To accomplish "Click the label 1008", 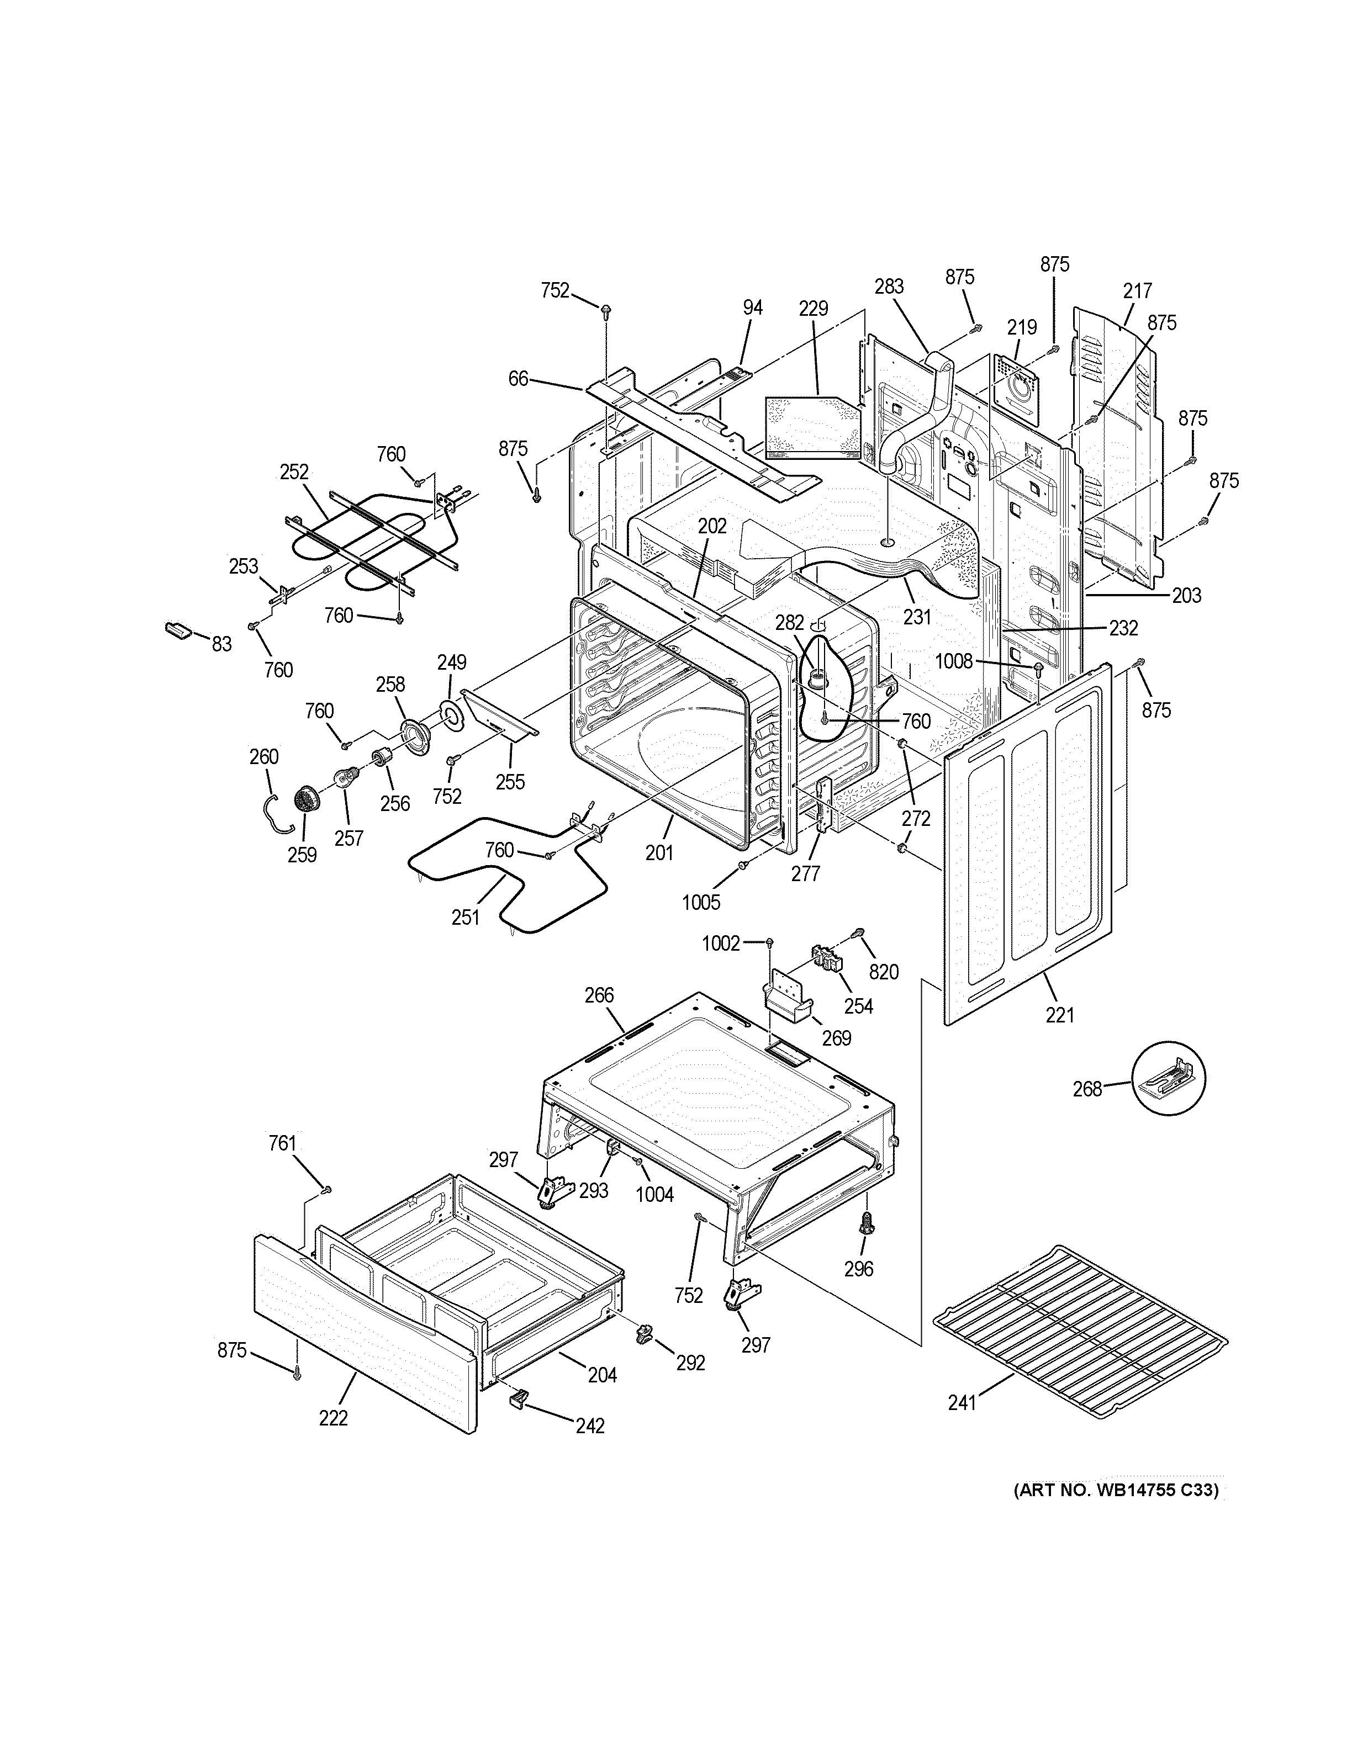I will tap(953, 661).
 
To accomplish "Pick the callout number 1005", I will tap(701, 903).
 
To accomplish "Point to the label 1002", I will tap(721, 944).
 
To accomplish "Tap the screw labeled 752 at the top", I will tap(606, 308).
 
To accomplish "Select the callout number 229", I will tap(813, 308).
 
